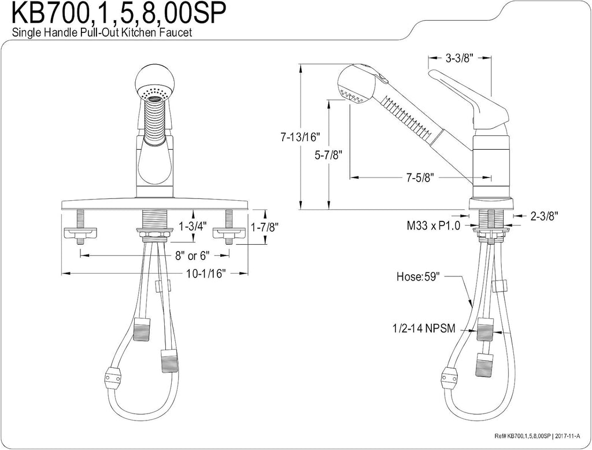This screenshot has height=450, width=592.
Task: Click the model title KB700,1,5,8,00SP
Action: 119,14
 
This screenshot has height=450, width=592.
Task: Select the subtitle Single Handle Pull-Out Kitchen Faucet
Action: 102,32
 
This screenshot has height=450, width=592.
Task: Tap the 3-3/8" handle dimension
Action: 460,58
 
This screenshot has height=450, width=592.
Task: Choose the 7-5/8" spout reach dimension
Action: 420,177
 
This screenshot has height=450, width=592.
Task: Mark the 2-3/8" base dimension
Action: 545,216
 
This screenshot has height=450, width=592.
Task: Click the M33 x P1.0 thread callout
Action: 434,226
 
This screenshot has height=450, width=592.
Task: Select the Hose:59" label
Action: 419,276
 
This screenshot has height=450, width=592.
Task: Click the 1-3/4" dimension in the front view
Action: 193,226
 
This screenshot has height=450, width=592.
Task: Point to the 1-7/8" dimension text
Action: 265,227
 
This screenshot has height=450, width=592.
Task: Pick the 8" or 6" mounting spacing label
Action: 192,256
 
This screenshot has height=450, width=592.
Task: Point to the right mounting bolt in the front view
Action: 229,229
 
